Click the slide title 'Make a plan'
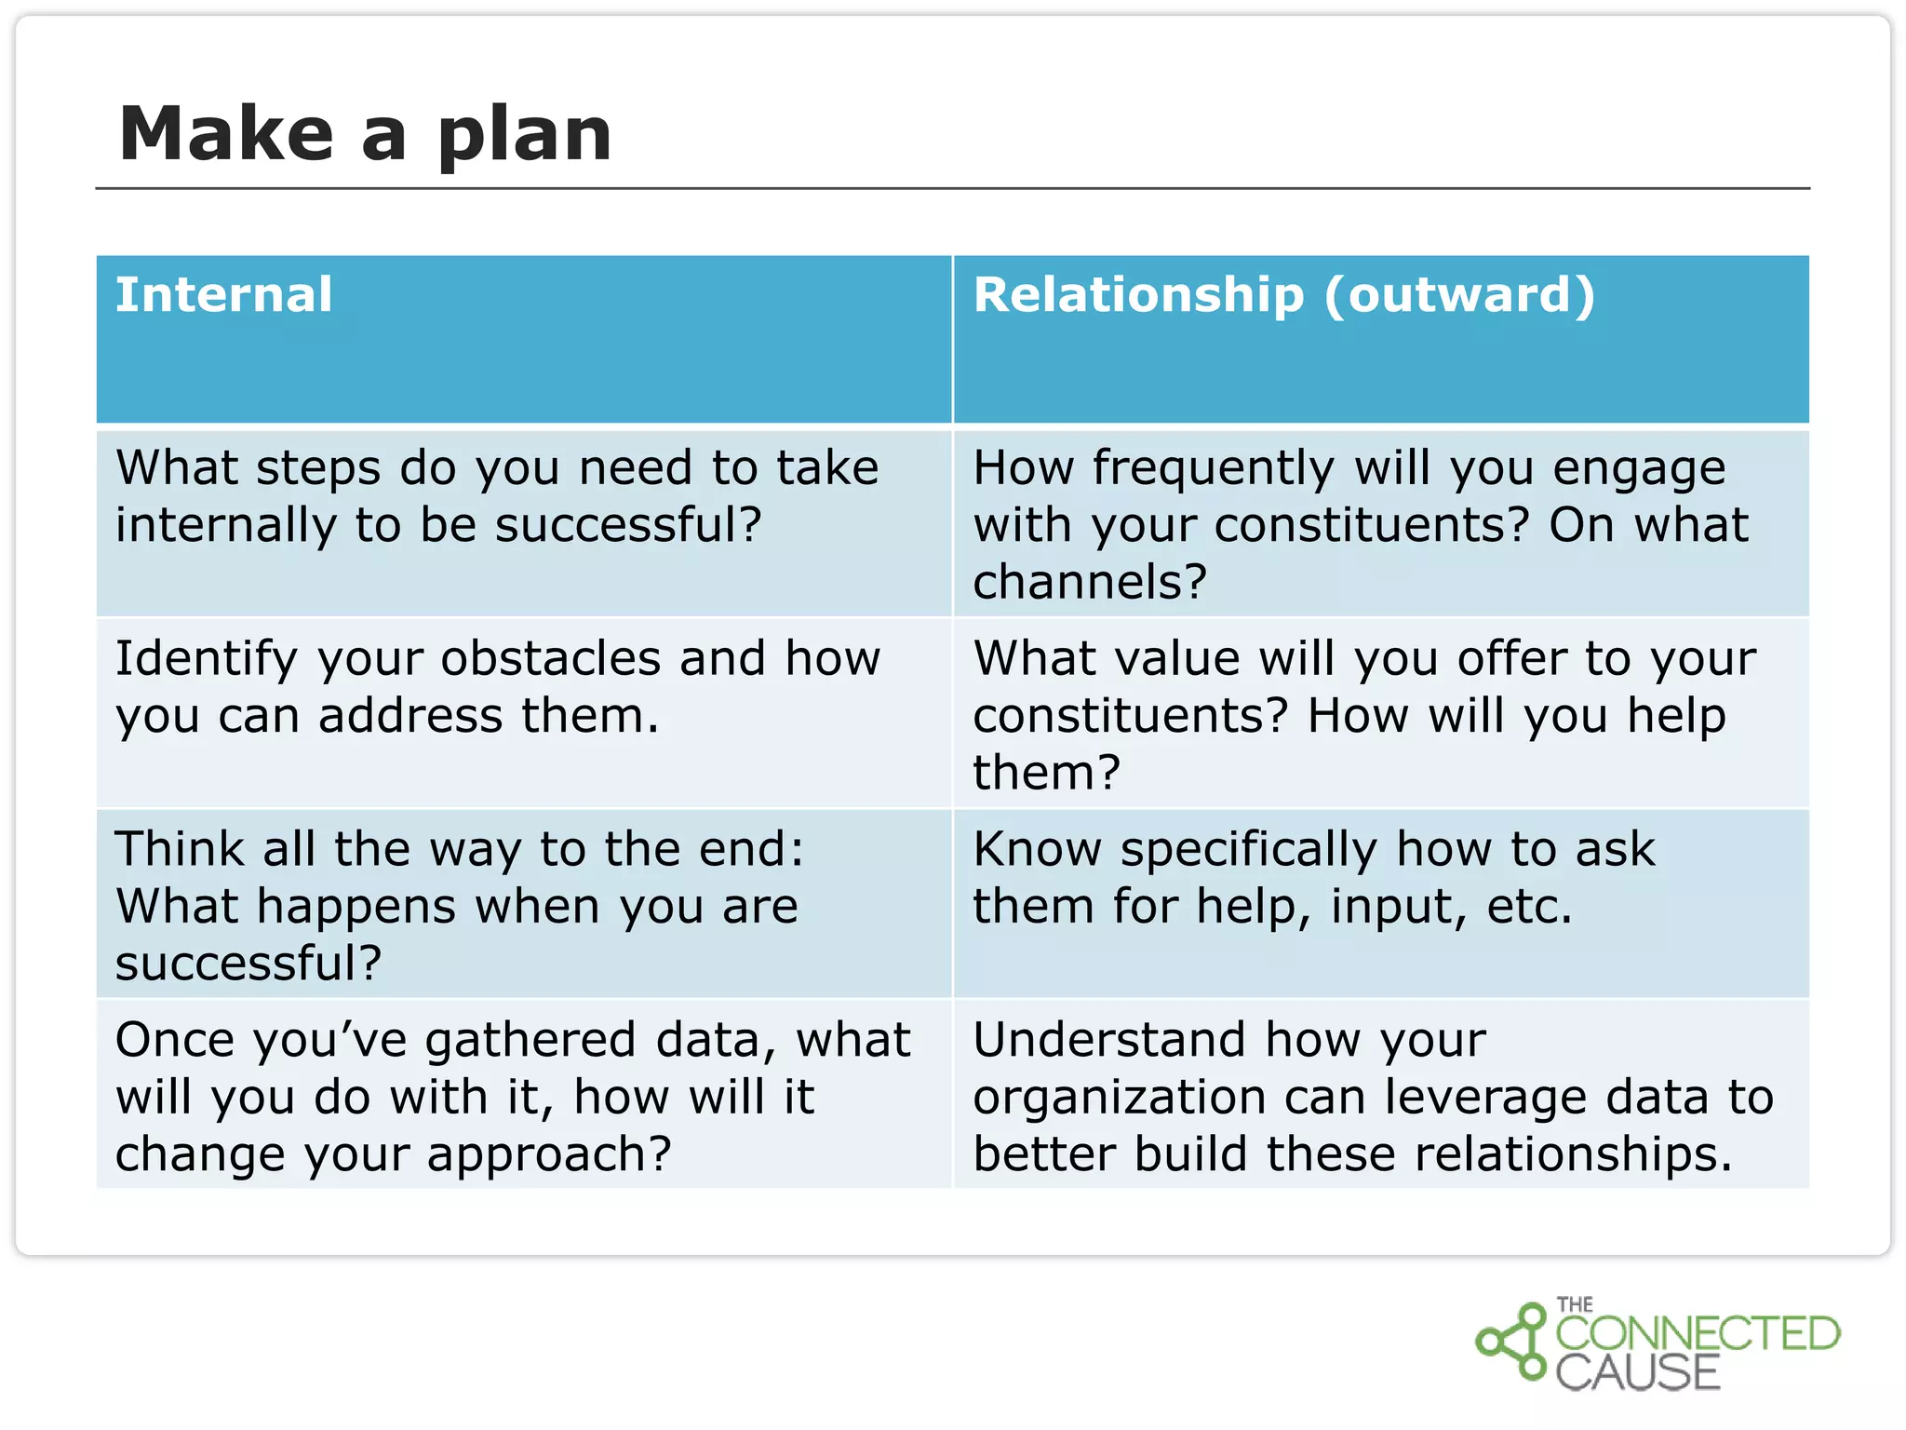click(365, 134)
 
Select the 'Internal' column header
click(223, 295)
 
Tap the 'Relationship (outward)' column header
click(1284, 295)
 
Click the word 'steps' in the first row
click(318, 468)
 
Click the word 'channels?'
click(1090, 583)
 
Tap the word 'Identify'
click(206, 659)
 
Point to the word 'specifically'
click(1248, 851)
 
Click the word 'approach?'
click(549, 1156)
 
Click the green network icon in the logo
click(1512, 1342)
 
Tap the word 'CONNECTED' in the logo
click(1698, 1334)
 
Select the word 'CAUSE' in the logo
click(1638, 1373)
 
